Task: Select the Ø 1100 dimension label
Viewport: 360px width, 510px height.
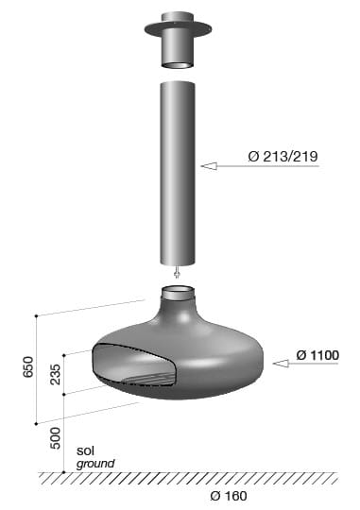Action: (317, 355)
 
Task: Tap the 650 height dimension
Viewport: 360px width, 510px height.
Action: (27, 367)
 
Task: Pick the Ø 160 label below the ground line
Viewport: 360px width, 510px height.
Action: (231, 497)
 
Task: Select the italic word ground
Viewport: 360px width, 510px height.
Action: (95, 464)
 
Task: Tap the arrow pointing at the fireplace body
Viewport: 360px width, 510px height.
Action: (283, 361)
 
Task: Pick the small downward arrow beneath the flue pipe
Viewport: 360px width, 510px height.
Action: (177, 274)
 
